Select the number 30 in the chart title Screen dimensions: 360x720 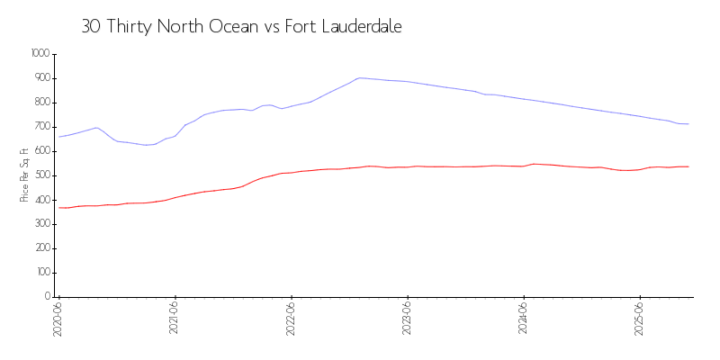pyautogui.click(x=91, y=27)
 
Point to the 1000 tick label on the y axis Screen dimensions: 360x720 pyautogui.click(x=40, y=54)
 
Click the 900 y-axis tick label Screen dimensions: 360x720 pyautogui.click(x=42, y=78)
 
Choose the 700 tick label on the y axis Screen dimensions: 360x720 pyautogui.click(x=42, y=127)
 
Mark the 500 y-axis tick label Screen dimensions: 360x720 pyautogui.click(x=42, y=175)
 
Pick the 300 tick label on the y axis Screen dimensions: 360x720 pyautogui.click(x=42, y=224)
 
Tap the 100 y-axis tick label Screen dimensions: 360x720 pyautogui.click(x=42, y=273)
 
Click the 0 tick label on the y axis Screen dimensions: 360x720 pyautogui.click(x=47, y=297)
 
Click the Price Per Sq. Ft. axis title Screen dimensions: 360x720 pyautogui.click(x=24, y=175)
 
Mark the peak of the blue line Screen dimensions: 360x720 pyautogui.click(x=360, y=77)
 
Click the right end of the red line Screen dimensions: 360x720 pyautogui.click(x=688, y=166)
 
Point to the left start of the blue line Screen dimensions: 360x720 pyautogui.click(x=59, y=137)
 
